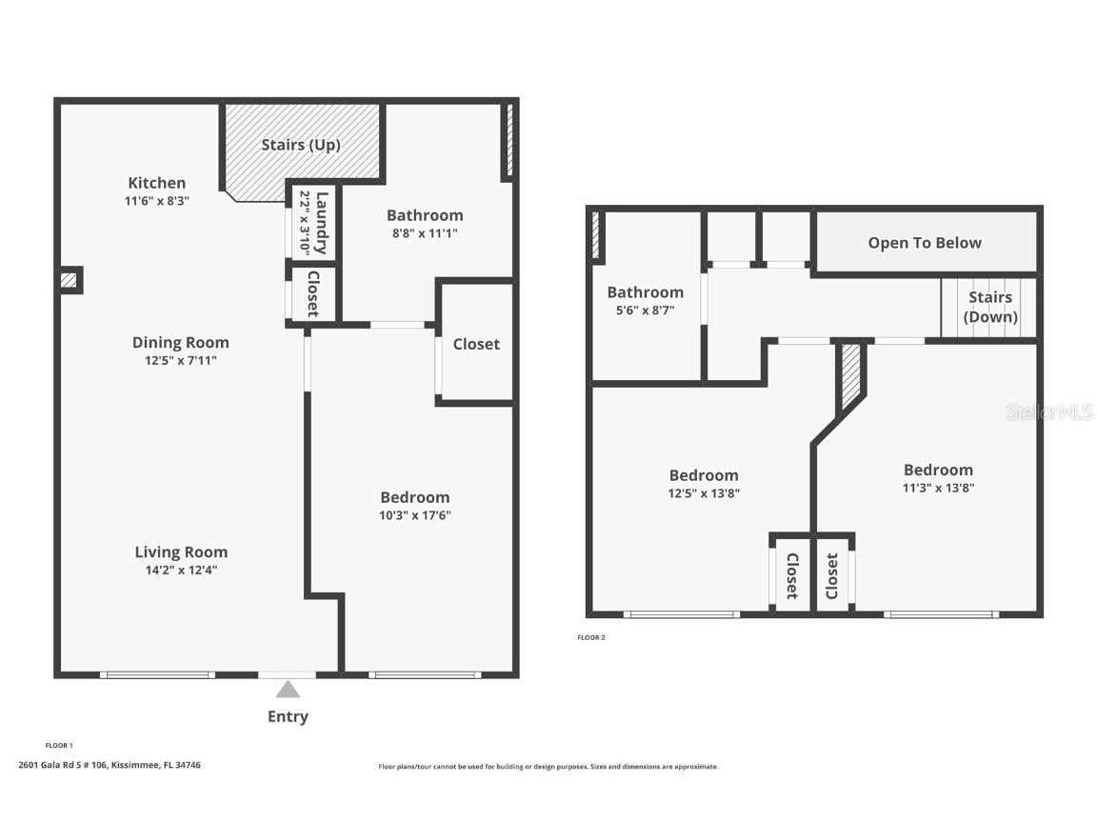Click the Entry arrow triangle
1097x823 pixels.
click(x=288, y=689)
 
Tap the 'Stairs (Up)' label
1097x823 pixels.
click(x=301, y=145)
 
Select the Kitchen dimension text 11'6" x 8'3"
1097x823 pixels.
click(x=157, y=201)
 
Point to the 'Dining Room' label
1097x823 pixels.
click(x=180, y=343)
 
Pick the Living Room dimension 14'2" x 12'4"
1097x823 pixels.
click(x=181, y=571)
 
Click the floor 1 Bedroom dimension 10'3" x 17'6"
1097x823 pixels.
click(x=414, y=515)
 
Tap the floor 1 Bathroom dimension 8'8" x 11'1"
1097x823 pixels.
click(x=425, y=233)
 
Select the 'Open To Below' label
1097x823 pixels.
click(x=924, y=243)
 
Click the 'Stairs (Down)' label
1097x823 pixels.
click(x=990, y=308)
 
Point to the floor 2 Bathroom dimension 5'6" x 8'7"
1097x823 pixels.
click(x=645, y=311)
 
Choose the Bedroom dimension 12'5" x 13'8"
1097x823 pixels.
click(x=703, y=493)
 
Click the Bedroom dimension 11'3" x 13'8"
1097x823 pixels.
click(x=938, y=488)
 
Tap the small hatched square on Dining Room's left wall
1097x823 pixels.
click(x=69, y=281)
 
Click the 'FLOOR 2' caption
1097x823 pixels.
click(x=590, y=637)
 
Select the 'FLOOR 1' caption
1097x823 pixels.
click(x=59, y=745)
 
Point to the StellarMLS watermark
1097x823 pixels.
click(x=1049, y=412)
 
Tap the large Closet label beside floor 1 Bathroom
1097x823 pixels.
click(x=476, y=344)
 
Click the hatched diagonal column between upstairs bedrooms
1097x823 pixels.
click(x=850, y=373)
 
